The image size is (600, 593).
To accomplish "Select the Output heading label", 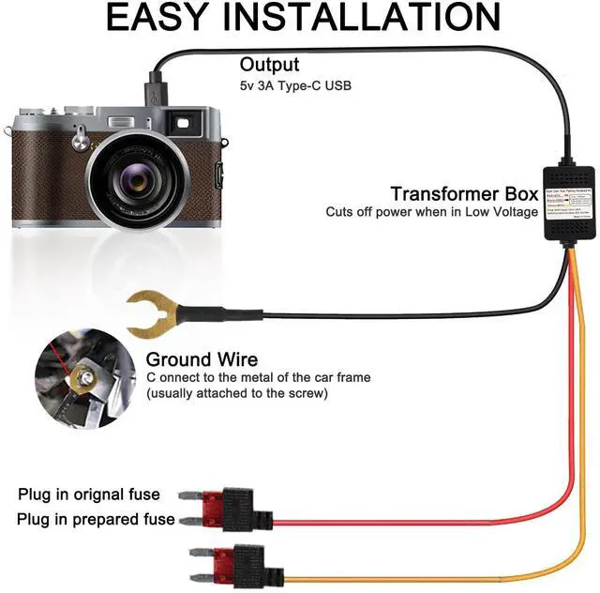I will (269, 65).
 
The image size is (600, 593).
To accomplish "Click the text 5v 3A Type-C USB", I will (295, 86).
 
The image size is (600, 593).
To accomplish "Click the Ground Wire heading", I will (202, 359).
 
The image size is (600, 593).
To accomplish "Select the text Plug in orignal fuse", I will (89, 494).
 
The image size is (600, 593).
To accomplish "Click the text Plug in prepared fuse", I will (96, 519).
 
